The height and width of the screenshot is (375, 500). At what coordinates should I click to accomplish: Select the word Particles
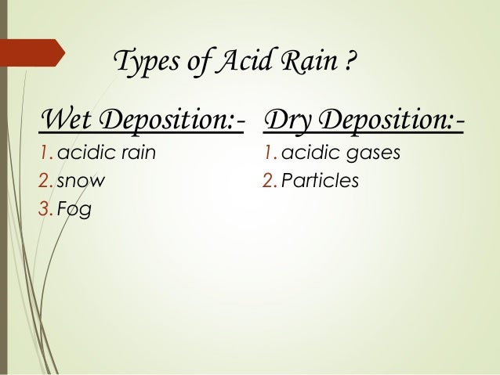[319, 182]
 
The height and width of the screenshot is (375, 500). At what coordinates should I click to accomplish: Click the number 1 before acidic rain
[45, 153]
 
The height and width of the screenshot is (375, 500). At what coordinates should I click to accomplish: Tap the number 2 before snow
[45, 182]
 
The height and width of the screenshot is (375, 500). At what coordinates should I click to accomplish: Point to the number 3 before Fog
[45, 210]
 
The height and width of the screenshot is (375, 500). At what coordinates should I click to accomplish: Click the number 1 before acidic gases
[269, 153]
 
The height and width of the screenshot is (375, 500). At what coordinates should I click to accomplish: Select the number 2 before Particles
[270, 182]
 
